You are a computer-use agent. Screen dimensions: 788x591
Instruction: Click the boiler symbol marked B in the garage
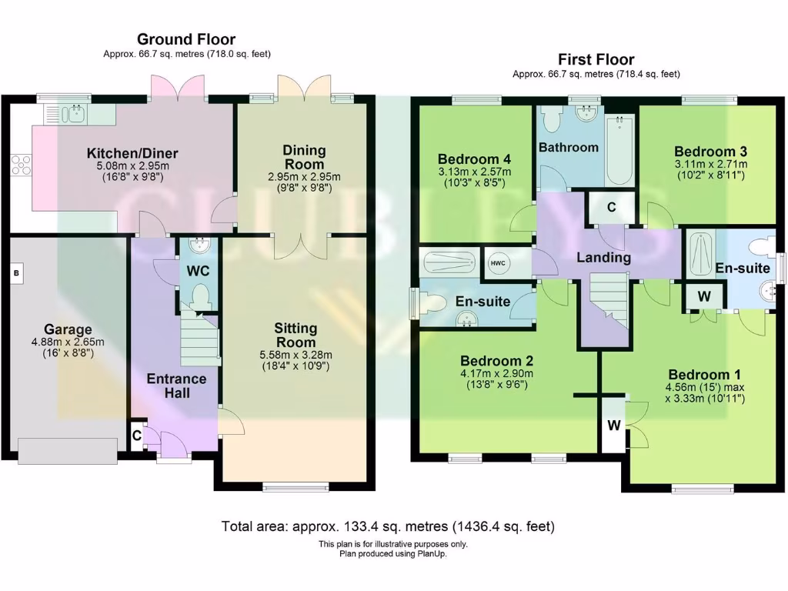(x=17, y=273)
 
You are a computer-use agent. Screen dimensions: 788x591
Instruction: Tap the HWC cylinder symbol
(x=498, y=263)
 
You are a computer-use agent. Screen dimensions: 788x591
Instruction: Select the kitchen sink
(x=75, y=115)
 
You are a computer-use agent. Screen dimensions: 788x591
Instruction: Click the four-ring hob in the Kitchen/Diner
(x=22, y=165)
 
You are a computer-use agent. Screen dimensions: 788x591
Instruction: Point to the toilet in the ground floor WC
(x=201, y=296)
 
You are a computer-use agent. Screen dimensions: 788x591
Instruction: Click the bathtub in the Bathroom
(x=619, y=150)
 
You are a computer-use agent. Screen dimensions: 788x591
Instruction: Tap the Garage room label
(x=68, y=329)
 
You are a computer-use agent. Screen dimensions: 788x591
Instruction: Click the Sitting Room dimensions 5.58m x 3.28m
(x=295, y=355)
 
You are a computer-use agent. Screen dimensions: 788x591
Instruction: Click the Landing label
(x=603, y=258)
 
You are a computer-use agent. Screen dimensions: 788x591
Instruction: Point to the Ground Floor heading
(x=186, y=39)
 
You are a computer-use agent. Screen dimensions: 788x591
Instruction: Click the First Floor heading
(x=596, y=59)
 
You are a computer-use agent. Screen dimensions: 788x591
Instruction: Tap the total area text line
(x=388, y=526)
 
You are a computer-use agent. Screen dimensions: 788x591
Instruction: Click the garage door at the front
(x=68, y=450)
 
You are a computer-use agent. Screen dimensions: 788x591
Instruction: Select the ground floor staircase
(x=201, y=338)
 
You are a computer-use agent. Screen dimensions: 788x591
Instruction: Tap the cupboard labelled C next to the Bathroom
(x=611, y=207)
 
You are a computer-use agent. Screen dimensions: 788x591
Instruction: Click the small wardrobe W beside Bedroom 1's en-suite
(x=704, y=296)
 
